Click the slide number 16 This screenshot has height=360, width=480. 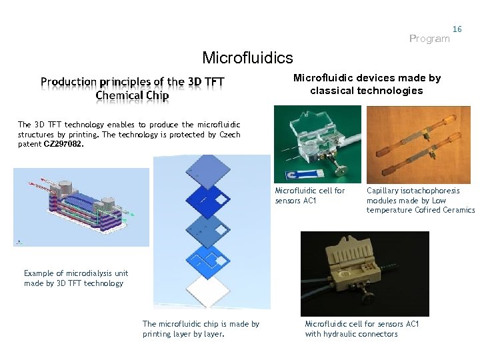pyautogui.click(x=457, y=29)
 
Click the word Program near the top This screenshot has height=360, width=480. pyautogui.click(x=429, y=39)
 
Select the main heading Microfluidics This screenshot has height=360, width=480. pyautogui.click(x=247, y=59)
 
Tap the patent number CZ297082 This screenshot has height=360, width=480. pyautogui.click(x=64, y=143)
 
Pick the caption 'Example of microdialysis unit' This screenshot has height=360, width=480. pyautogui.click(x=76, y=273)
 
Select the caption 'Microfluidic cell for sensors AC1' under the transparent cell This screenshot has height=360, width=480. pyautogui.click(x=310, y=195)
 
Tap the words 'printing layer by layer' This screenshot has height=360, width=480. pyautogui.click(x=183, y=334)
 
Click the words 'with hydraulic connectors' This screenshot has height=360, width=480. pyautogui.click(x=351, y=334)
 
